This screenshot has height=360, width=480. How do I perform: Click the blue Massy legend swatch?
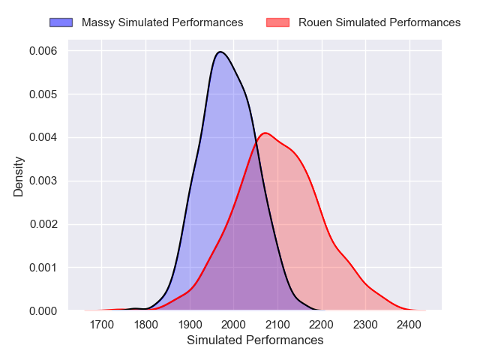(61, 22)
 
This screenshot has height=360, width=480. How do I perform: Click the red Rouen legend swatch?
(278, 22)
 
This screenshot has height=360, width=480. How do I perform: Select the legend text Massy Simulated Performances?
(162, 22)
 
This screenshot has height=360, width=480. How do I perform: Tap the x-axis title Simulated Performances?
(256, 340)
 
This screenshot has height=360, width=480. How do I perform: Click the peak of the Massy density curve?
(220, 52)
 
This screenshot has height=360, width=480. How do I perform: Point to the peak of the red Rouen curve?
(265, 133)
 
